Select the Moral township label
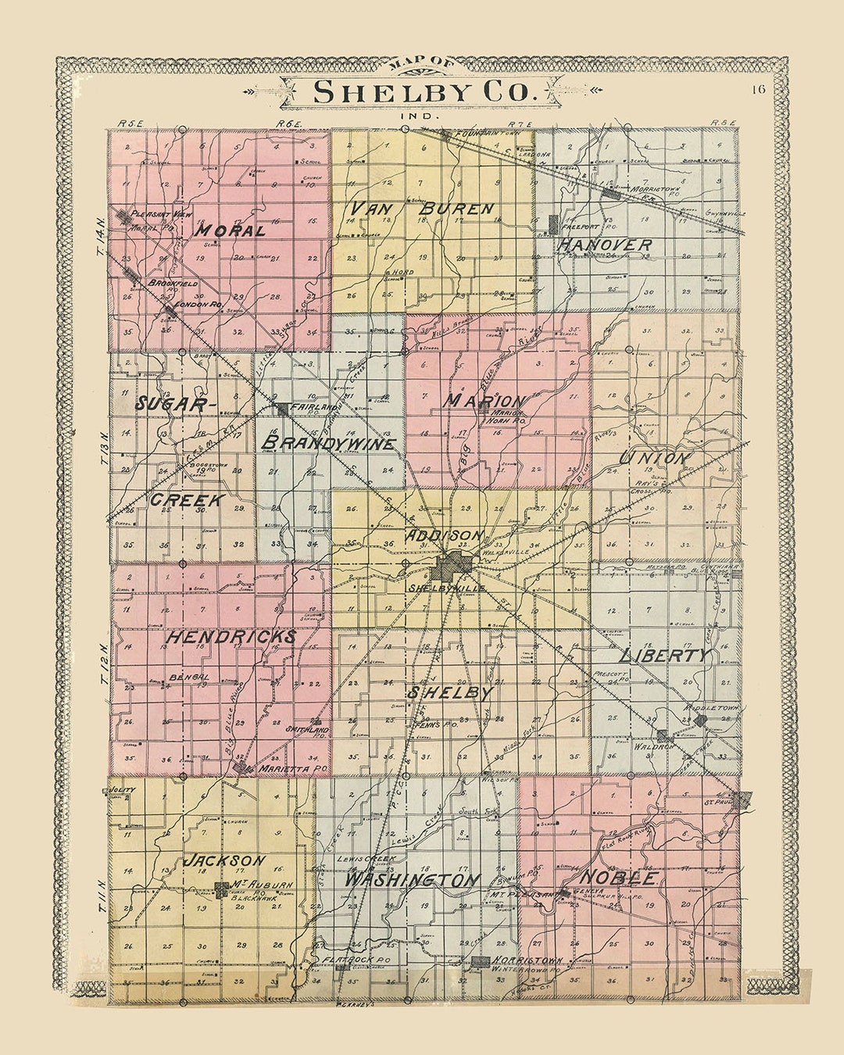230,231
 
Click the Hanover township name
604,245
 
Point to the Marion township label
485,400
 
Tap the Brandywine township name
328,443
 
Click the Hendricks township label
231,637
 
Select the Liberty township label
665,656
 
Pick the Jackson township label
225,860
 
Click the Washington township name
412,880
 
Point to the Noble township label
623,878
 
